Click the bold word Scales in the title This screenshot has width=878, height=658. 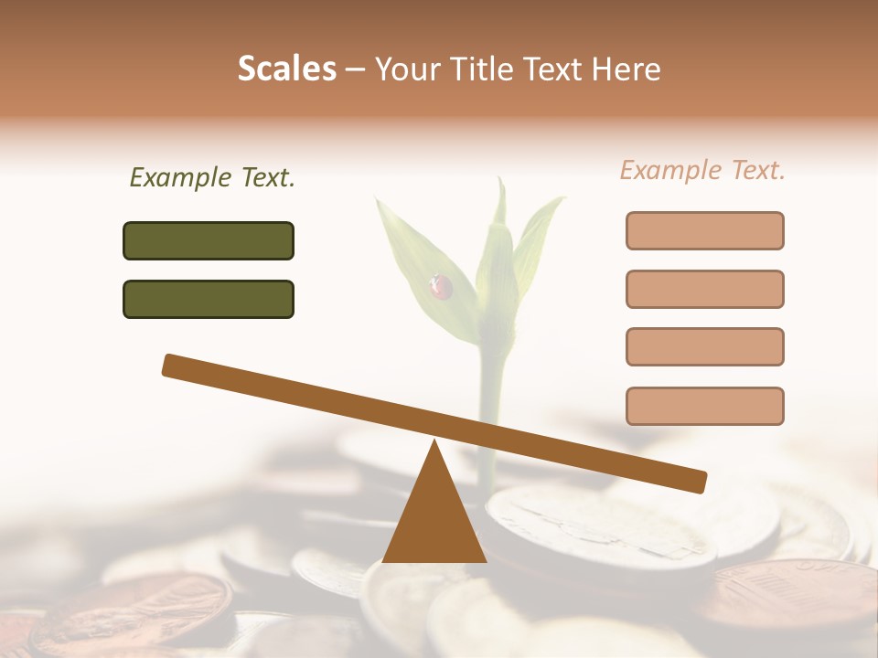coord(287,69)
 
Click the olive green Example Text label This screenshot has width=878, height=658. coord(212,178)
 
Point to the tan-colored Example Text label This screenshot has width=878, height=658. coord(702,170)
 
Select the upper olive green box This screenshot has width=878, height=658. coord(209,240)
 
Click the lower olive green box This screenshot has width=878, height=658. coord(209,299)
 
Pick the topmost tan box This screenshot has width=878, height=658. coord(704,230)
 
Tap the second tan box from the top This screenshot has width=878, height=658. coord(704,289)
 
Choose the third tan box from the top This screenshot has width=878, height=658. coord(704,346)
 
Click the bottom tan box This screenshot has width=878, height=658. coord(704,406)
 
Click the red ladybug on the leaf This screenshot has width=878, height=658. coord(442,288)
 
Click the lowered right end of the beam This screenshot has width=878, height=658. coord(699,482)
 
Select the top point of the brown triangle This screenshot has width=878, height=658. coord(434,443)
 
